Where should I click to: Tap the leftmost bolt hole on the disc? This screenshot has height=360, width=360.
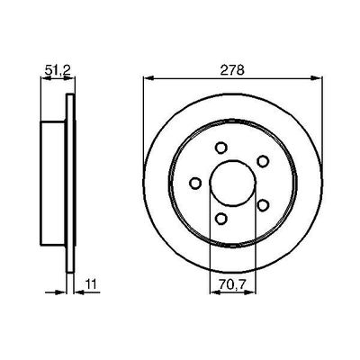[194, 184]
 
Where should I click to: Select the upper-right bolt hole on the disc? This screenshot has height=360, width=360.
[262, 162]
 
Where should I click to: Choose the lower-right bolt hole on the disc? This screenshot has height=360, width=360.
[262, 204]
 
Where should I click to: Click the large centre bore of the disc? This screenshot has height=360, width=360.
[232, 183]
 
